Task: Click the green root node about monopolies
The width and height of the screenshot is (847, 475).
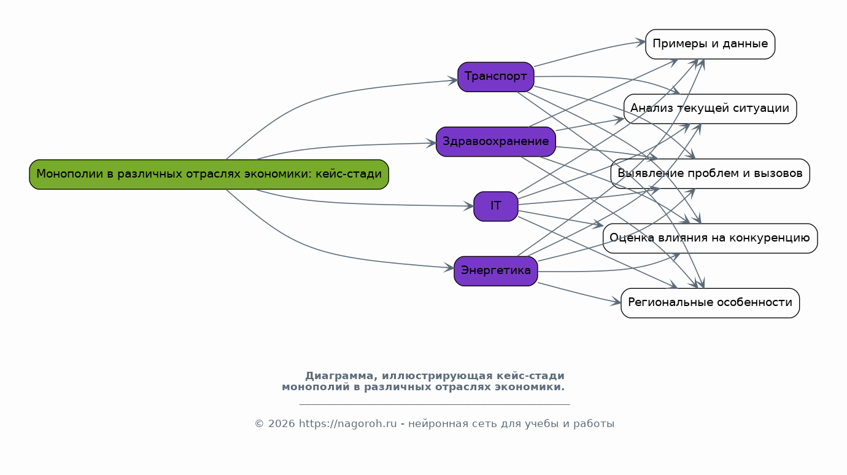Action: (x=209, y=175)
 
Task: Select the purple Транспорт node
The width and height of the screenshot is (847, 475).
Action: (x=495, y=77)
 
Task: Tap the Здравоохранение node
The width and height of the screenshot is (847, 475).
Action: (x=495, y=142)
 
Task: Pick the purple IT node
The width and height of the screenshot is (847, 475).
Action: (x=495, y=206)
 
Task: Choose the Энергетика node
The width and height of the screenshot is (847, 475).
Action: (x=495, y=271)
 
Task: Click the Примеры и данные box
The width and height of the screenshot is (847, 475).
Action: (x=710, y=44)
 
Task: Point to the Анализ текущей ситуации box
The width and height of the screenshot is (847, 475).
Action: (x=710, y=109)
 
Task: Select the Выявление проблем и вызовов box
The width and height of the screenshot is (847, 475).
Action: (x=710, y=174)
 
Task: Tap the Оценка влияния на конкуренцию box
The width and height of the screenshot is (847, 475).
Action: (x=710, y=238)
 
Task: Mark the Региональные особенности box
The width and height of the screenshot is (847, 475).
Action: (x=710, y=303)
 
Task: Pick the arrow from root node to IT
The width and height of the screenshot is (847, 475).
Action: (x=344, y=203)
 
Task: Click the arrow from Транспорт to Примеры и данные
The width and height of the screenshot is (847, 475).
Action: (x=589, y=52)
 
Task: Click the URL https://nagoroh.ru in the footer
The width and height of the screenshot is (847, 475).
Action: (x=347, y=424)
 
